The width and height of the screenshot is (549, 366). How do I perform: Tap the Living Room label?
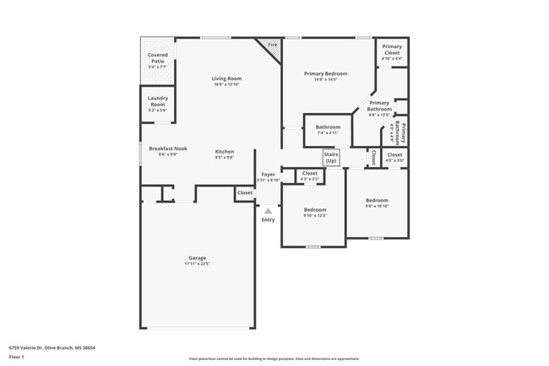pos(226,81)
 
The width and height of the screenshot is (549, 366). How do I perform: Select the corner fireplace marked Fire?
pos(271,46)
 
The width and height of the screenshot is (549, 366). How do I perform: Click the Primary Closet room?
pos(392,51)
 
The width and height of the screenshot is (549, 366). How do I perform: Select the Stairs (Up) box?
pos(331,158)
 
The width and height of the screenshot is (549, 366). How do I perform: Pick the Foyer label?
pos(268,176)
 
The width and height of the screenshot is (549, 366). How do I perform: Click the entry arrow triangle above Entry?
pos(268,211)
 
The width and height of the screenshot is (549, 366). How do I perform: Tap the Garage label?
pos(197,261)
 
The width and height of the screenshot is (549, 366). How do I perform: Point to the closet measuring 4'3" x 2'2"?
pos(310,175)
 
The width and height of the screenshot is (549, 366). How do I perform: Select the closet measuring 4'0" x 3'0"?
pos(394,157)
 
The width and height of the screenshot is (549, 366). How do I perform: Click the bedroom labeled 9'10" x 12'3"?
pos(315,212)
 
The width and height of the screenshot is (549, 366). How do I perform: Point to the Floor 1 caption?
pos(17,357)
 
